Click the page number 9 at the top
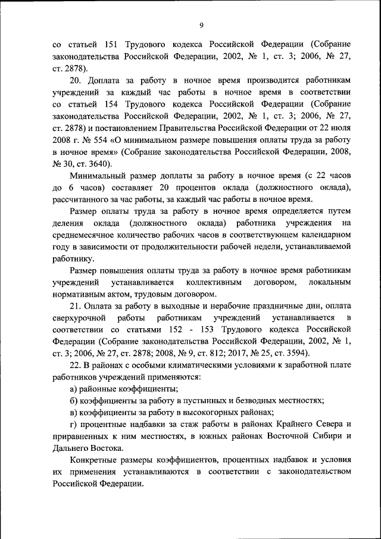coord(201,24)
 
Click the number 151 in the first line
coord(113,45)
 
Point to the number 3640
coord(105,164)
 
